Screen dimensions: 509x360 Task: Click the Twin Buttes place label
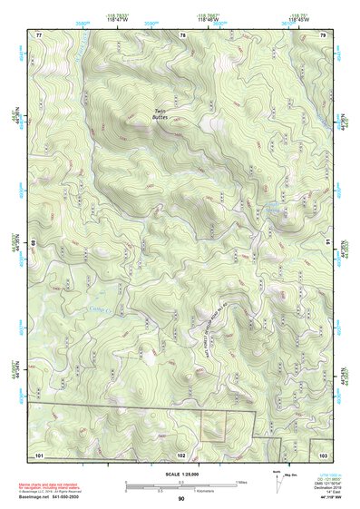[159, 115]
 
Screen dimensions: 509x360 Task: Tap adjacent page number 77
[39, 34]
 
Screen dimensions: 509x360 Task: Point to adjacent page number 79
[323, 34]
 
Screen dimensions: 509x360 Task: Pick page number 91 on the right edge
[328, 243]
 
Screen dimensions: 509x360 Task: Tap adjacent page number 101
[39, 455]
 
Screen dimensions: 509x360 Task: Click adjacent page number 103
[323, 455]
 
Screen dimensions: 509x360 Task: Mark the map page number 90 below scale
[181, 499]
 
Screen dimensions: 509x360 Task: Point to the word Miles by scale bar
[241, 482]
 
